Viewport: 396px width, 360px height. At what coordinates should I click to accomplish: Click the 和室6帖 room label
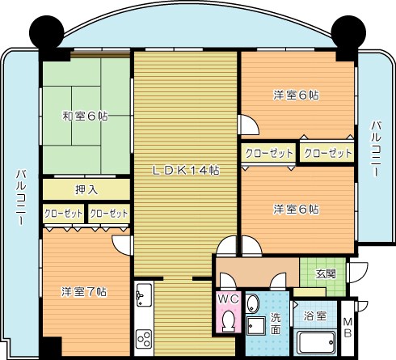(x=85, y=116)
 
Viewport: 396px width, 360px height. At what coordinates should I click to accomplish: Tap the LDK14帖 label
(x=187, y=171)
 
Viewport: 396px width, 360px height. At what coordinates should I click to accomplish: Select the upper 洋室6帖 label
(x=296, y=95)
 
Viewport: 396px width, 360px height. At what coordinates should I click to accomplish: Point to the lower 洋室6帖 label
(x=296, y=210)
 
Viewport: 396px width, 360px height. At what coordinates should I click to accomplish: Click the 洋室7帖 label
(x=83, y=291)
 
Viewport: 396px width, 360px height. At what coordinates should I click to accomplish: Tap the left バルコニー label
(x=20, y=201)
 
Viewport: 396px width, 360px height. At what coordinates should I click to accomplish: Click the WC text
(x=227, y=299)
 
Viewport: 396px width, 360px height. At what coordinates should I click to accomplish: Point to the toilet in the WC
(x=227, y=322)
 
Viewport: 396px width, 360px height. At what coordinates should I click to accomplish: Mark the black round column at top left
(x=46, y=32)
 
